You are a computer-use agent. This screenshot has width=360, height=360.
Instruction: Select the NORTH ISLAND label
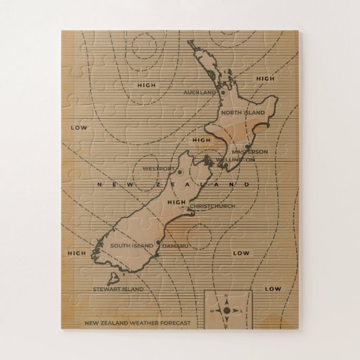click(241, 112)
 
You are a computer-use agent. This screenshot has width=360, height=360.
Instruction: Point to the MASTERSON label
click(249, 151)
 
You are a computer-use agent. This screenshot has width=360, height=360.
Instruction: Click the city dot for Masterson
click(247, 144)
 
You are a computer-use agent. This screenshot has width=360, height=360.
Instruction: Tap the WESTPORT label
click(160, 168)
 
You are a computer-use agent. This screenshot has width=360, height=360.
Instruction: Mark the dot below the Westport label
click(180, 173)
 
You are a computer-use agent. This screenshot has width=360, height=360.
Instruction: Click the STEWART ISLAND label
click(118, 289)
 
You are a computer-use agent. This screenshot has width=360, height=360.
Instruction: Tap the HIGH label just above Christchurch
click(175, 202)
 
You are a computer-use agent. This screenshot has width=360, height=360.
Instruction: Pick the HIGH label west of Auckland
click(146, 86)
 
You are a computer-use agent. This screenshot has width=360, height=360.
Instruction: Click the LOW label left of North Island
click(79, 127)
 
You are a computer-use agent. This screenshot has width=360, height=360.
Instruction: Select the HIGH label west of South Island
click(77, 253)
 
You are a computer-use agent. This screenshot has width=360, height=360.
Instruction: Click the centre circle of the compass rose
click(227, 310)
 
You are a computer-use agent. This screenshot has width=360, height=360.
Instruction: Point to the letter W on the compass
click(212, 311)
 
